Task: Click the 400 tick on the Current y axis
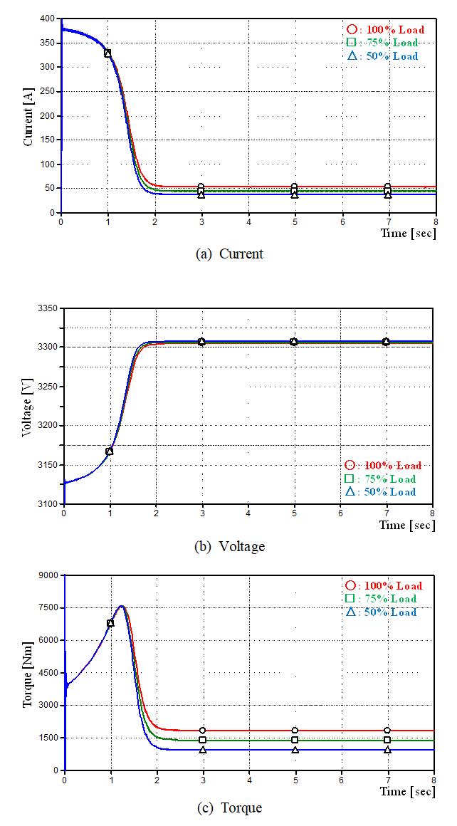(x=48, y=19)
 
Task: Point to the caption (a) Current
(x=229, y=253)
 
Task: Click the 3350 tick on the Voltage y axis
(x=47, y=308)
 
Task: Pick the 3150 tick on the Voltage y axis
(x=47, y=465)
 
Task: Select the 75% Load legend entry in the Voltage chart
(x=380, y=479)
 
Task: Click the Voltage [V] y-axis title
(x=28, y=407)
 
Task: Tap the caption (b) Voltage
(x=229, y=546)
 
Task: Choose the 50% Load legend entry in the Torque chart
(x=381, y=612)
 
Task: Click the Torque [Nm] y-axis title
(x=28, y=673)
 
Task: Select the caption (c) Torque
(x=228, y=807)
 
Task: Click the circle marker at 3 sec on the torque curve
(x=203, y=731)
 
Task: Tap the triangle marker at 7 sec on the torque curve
(x=387, y=750)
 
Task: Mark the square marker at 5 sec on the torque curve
(x=295, y=741)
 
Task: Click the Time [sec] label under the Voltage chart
(x=406, y=525)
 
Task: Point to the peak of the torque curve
(x=122, y=606)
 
